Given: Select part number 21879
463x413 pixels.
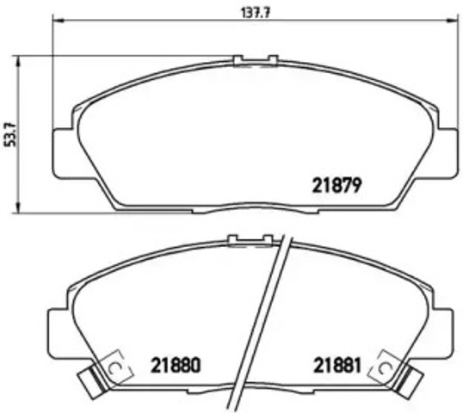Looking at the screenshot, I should click(x=333, y=184).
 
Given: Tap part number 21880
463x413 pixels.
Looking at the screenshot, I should click(x=176, y=365).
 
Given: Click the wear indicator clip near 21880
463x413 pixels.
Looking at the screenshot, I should click(x=114, y=367).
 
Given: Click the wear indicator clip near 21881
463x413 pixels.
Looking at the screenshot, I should click(x=381, y=367).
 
